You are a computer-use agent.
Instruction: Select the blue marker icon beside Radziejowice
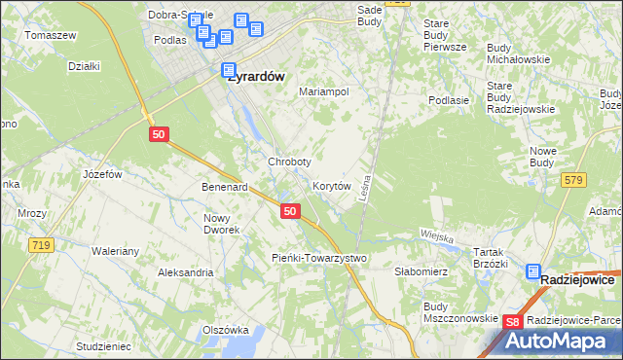pos(534,274)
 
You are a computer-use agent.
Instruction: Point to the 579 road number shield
pos(573,179)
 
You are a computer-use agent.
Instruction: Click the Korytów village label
pos(332,186)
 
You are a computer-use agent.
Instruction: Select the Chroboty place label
pos(289,162)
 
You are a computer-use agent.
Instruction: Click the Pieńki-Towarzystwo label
pos(317,258)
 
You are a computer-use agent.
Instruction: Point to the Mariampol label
pos(324,91)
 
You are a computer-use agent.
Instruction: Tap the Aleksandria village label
pos(186,272)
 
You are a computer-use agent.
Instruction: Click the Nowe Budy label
pos(541,157)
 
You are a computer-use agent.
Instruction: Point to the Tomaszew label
pos(51,35)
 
